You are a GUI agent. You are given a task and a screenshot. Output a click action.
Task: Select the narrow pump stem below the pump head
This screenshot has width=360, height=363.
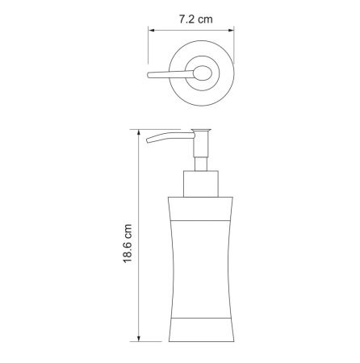tap(199, 153)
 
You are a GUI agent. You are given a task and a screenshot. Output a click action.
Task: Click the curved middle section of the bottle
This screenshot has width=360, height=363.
tap(199, 266)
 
